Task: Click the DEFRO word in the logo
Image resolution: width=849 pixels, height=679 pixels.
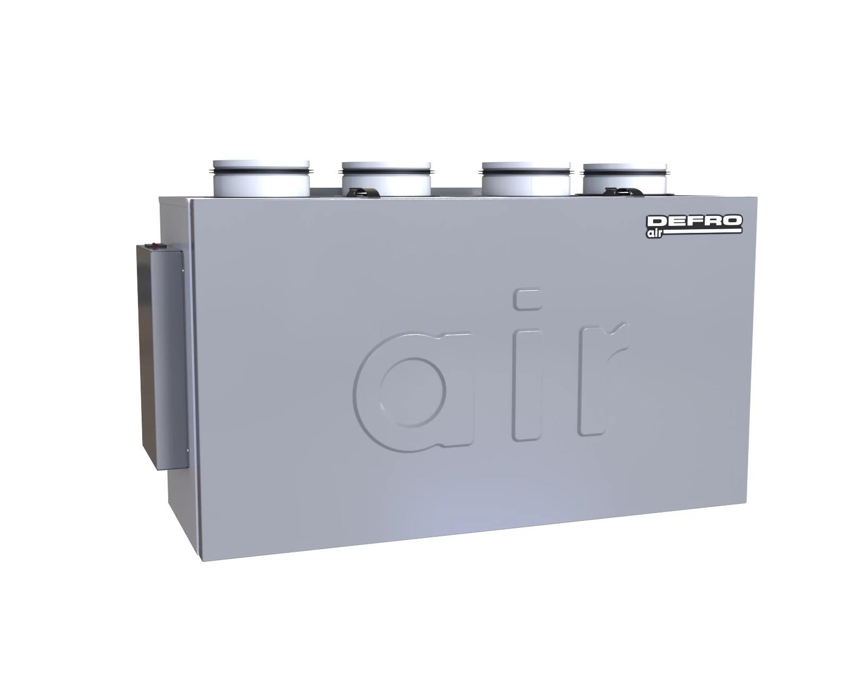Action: (695, 221)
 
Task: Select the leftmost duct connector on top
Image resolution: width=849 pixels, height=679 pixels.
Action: (261, 178)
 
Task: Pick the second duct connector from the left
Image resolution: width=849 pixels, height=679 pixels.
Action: (386, 179)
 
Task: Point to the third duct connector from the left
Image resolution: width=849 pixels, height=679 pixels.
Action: (526, 179)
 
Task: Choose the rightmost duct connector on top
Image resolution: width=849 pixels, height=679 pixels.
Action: (625, 179)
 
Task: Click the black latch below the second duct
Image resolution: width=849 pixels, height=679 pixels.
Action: (363, 193)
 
